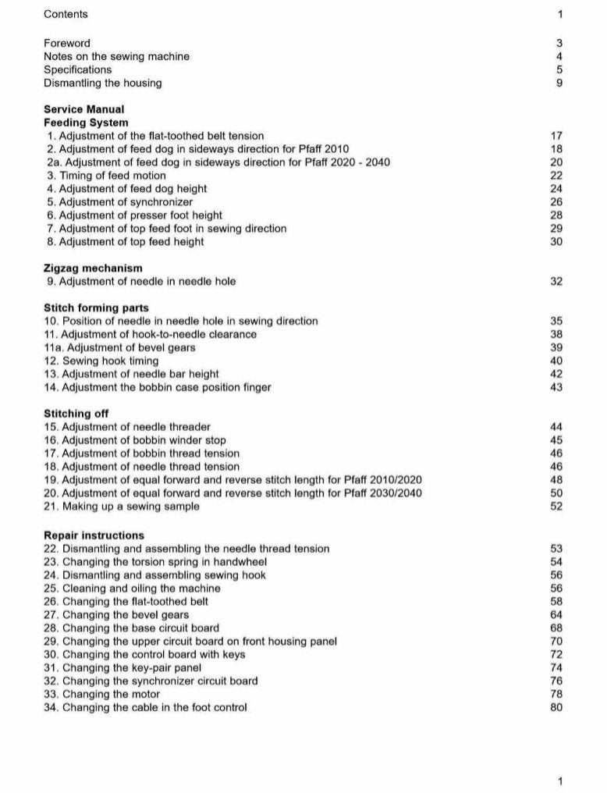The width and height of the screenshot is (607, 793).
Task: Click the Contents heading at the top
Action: (x=66, y=14)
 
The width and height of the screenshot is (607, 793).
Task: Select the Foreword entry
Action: (x=67, y=43)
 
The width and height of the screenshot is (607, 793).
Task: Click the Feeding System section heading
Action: (x=87, y=123)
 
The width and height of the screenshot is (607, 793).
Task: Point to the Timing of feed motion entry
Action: (x=106, y=176)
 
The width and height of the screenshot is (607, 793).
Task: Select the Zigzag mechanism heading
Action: (x=93, y=268)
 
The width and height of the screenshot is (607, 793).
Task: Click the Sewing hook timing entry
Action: (x=101, y=361)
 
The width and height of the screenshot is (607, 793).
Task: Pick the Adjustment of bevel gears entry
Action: (x=119, y=347)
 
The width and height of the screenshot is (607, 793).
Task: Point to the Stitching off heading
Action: (x=76, y=414)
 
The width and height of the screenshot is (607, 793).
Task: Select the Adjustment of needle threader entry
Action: (x=127, y=427)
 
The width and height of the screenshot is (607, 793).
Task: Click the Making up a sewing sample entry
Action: (x=122, y=507)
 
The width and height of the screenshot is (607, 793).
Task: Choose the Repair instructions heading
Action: (x=94, y=535)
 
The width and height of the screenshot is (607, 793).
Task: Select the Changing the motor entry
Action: (x=101, y=695)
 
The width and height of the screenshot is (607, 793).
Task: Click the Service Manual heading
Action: (x=83, y=109)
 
